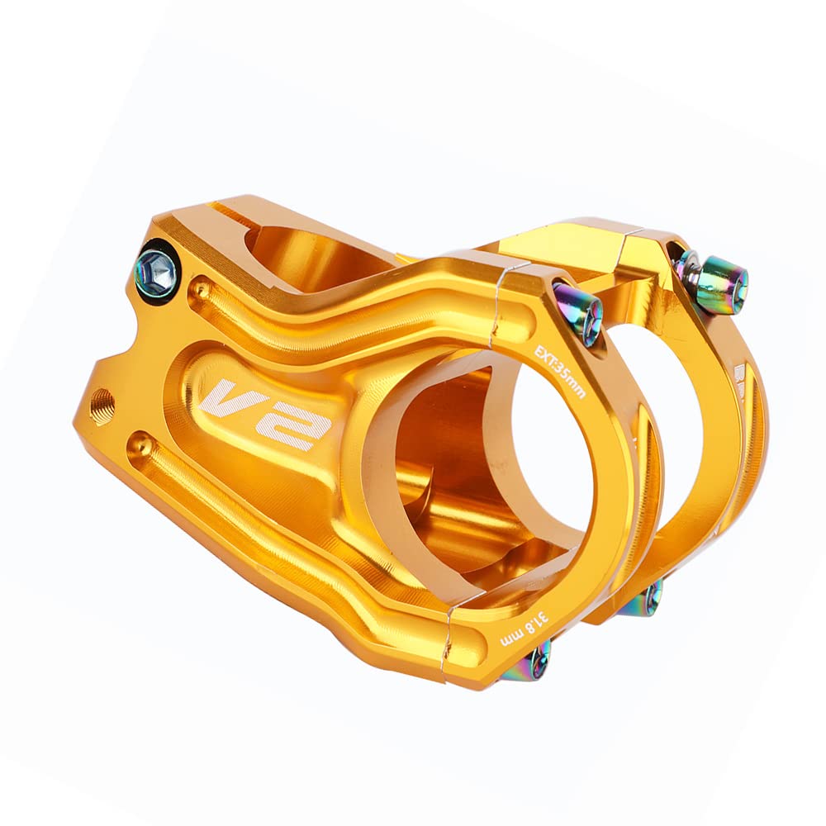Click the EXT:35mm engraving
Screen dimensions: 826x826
(x=559, y=372)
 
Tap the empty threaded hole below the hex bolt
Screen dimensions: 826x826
(x=102, y=401)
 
